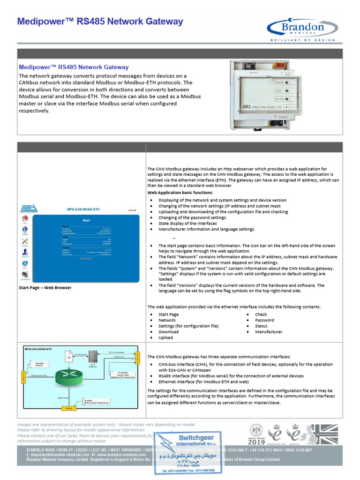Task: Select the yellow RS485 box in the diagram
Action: (x=68, y=408)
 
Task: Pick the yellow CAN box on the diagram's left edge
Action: (x=22, y=375)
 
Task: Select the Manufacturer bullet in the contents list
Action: (x=269, y=332)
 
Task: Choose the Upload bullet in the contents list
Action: (x=165, y=337)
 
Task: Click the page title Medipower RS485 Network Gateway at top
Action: (x=100, y=22)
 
